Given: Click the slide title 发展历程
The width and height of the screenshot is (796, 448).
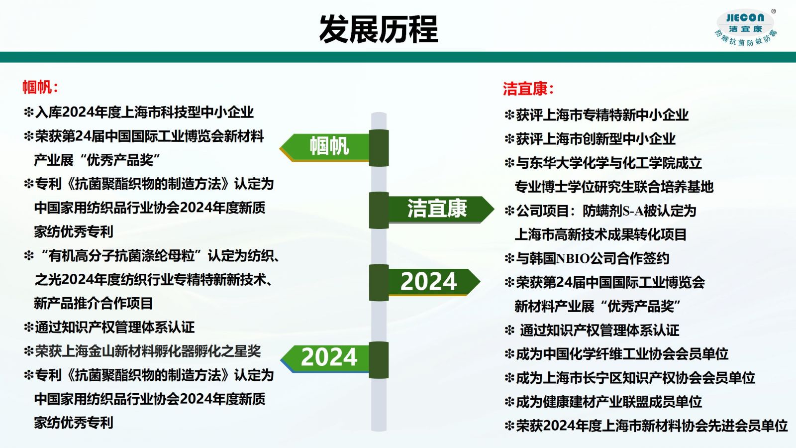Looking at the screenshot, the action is [379, 29].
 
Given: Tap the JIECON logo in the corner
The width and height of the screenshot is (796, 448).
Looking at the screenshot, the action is [746, 28].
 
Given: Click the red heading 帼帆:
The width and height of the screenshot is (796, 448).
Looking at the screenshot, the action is [40, 87].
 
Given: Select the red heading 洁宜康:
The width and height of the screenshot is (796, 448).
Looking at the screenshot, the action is [528, 89].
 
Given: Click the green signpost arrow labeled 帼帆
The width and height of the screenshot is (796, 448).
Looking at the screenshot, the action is [325, 147].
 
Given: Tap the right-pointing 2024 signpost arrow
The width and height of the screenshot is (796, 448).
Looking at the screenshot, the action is [433, 282].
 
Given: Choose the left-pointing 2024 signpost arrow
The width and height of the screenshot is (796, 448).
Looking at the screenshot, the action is [325, 358].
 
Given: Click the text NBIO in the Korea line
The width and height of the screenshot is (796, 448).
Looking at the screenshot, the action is [573, 258].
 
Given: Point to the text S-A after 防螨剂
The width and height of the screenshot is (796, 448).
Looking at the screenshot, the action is [633, 211].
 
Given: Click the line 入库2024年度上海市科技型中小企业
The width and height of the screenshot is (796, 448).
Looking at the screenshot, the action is [144, 112].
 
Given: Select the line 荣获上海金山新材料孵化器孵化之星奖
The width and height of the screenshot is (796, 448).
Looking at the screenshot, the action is [148, 351].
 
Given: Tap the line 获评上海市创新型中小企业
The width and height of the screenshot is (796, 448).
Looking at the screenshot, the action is [596, 139].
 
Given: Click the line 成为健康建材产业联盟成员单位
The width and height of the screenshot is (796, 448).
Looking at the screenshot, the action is [609, 402].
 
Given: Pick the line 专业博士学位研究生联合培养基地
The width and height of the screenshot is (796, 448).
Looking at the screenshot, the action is [614, 187].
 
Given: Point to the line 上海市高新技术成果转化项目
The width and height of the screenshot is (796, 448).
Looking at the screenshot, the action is [600, 234].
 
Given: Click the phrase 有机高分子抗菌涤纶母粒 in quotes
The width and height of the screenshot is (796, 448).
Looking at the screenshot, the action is [121, 256].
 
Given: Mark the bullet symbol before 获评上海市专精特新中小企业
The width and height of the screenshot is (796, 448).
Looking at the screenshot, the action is [509, 115].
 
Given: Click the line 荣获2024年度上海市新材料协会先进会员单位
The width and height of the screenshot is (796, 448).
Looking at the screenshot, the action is [652, 426].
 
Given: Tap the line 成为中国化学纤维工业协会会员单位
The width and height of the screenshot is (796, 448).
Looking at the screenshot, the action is [622, 354].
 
